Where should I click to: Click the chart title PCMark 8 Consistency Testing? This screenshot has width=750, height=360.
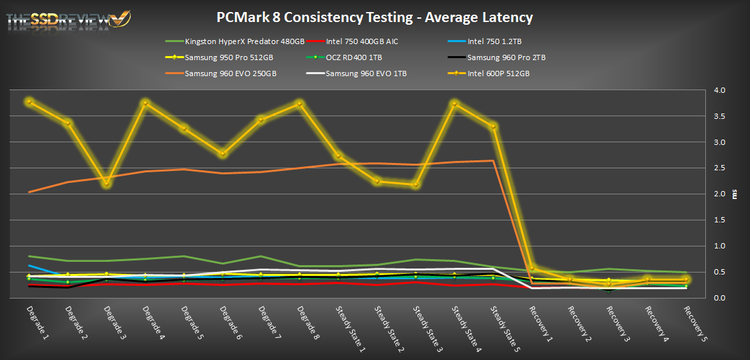pyautogui.click(x=375, y=17)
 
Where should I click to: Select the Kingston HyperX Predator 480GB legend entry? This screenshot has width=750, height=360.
pyautogui.click(x=236, y=41)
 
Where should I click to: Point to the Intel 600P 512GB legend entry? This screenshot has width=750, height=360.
pyautogui.click(x=498, y=73)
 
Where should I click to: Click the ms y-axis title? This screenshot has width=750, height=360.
pyautogui.click(x=735, y=194)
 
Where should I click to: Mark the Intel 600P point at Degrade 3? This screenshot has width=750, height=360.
pyautogui.click(x=106, y=183)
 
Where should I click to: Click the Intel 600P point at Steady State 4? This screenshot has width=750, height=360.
pyautogui.click(x=455, y=104)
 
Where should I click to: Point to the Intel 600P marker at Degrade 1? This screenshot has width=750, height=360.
pyautogui.click(x=29, y=102)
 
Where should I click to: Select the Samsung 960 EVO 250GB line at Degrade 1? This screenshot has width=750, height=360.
pyautogui.click(x=29, y=192)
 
